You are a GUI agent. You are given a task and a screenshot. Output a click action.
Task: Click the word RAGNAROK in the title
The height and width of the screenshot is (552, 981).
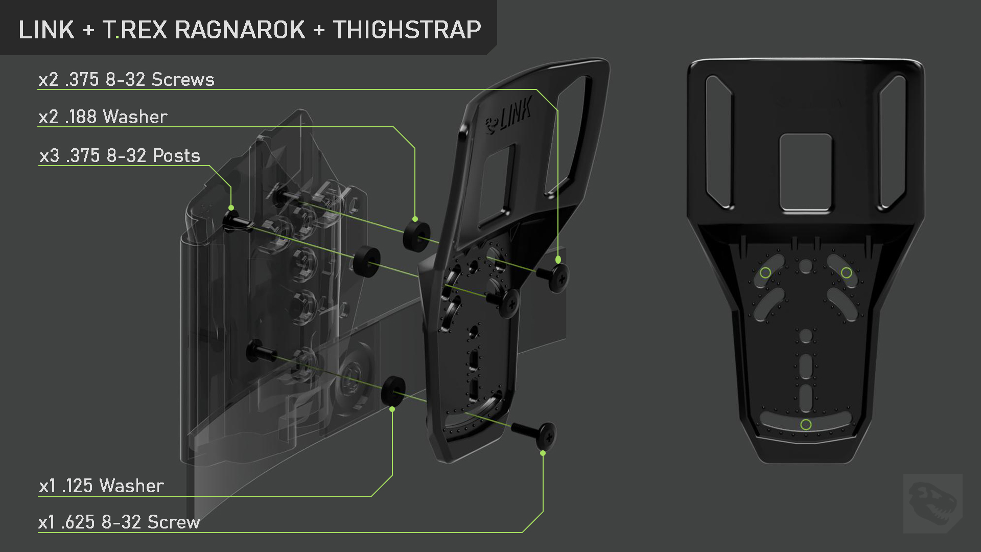(240, 30)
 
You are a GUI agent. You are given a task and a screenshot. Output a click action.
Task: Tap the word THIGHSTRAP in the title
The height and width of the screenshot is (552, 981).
(407, 30)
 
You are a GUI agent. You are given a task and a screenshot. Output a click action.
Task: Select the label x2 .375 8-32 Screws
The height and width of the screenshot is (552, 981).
(127, 80)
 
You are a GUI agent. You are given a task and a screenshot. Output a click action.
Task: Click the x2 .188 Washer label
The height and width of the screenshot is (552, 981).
(103, 117)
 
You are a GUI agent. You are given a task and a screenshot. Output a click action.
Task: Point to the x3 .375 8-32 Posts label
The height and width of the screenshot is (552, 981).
(120, 155)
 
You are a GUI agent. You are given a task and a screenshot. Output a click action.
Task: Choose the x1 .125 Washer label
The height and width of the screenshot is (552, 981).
(102, 486)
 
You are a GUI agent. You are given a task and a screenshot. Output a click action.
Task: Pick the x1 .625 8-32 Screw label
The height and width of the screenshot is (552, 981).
(120, 522)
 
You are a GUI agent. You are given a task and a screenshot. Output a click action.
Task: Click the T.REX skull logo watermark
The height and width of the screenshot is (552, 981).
(933, 503)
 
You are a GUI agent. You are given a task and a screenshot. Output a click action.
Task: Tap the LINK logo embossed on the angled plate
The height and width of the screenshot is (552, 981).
(508, 116)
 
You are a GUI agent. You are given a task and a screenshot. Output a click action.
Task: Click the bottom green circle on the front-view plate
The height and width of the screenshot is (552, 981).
(806, 425)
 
